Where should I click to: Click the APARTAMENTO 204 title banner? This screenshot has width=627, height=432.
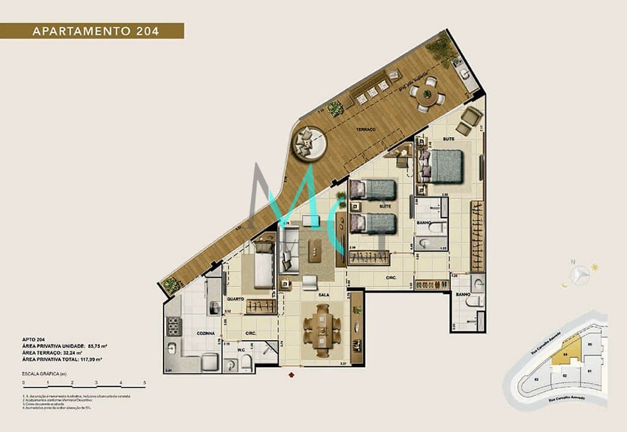(92, 31)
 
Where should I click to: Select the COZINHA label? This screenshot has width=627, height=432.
(205, 333)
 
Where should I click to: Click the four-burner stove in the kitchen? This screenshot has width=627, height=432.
(171, 326)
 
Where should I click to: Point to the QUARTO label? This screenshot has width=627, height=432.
(236, 299)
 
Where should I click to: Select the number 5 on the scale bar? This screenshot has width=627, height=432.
(145, 383)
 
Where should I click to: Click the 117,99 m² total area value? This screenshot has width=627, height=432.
(88, 360)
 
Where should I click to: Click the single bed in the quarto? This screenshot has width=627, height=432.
(262, 270)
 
